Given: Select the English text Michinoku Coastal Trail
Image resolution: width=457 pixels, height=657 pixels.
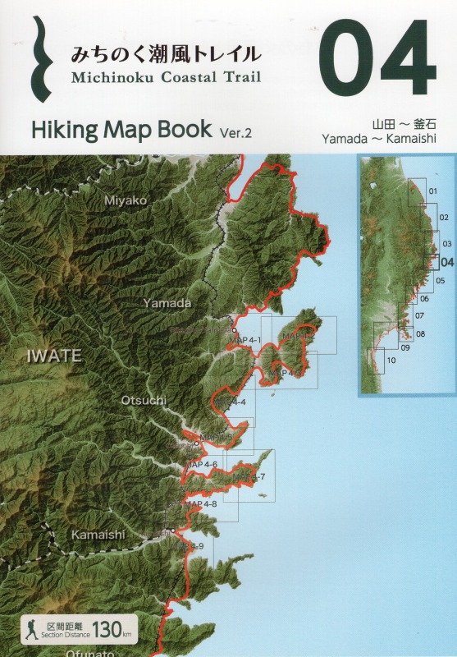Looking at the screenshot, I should (166, 79).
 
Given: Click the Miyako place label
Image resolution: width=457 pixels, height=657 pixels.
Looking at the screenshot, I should (126, 200).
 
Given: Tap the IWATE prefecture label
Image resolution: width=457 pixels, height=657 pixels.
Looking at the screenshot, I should (54, 356).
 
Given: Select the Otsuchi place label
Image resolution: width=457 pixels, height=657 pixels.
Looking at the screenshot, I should (144, 400).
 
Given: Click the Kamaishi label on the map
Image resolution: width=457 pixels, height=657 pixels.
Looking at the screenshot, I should (98, 535).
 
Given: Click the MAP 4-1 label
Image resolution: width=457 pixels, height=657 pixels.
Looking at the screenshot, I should (245, 340).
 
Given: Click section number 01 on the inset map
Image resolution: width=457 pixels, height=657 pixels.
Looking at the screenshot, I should (433, 192).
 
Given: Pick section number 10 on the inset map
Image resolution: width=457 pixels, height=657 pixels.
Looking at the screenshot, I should (391, 360).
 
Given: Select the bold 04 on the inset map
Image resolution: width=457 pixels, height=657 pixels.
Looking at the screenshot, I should (446, 262).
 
